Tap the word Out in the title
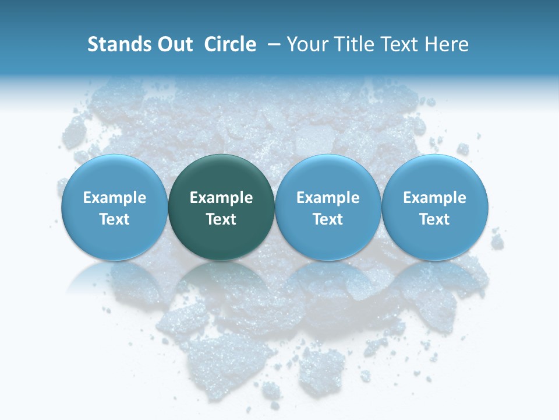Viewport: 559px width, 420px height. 173,44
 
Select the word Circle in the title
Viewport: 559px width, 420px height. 230,44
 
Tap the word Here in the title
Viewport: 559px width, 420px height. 447,44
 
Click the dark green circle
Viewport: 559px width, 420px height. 221,207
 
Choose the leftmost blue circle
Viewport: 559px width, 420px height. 115,207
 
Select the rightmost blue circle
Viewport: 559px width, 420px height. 434,207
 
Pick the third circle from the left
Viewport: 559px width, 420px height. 328,207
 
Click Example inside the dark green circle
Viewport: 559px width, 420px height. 221,198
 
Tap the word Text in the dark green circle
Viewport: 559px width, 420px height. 221,219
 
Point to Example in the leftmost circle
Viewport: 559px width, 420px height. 115,198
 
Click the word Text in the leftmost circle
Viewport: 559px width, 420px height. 115,219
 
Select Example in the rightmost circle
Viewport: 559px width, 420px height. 434,198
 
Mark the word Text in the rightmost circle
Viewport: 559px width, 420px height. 434,219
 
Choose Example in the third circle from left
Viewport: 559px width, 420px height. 328,198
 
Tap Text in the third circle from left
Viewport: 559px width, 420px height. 328,219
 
